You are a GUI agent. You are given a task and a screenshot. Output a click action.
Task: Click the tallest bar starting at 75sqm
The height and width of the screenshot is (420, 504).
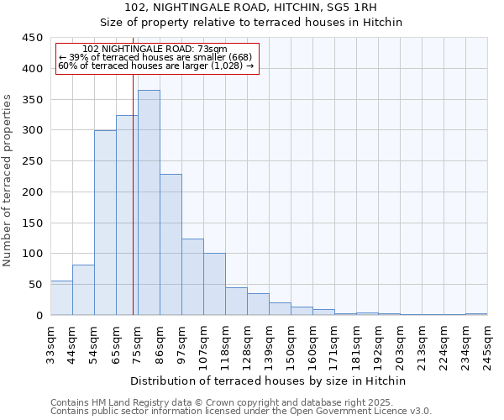coord(149,202)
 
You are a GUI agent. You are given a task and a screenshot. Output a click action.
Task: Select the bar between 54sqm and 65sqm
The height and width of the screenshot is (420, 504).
coord(105,223)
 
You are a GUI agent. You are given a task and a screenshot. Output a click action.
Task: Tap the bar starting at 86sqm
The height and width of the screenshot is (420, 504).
coord(171,244)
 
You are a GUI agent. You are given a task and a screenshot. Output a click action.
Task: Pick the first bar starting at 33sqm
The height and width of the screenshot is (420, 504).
coord(61,298)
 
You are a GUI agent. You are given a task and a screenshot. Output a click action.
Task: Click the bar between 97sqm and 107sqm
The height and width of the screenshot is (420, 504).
coord(192,277)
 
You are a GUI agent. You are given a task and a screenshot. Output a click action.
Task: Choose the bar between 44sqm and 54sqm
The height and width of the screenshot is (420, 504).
coord(83,290)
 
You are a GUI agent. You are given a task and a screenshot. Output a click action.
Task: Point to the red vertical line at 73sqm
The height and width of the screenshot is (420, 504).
coord(133,193)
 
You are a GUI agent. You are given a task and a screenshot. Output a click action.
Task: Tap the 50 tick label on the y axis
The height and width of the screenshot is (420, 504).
coord(35,285)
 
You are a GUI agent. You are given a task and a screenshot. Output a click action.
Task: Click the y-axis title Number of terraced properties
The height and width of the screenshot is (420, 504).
coord(8,181)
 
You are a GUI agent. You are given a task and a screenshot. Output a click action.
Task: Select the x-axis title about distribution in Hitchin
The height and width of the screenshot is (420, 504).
coord(268,381)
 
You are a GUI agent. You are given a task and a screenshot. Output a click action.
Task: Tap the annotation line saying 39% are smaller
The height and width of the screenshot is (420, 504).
coord(155,57)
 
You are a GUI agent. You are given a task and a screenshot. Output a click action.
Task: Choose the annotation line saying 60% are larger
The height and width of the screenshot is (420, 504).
coord(155,66)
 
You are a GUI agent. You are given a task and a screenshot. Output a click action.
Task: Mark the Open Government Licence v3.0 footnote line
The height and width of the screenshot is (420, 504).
coord(240,411)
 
